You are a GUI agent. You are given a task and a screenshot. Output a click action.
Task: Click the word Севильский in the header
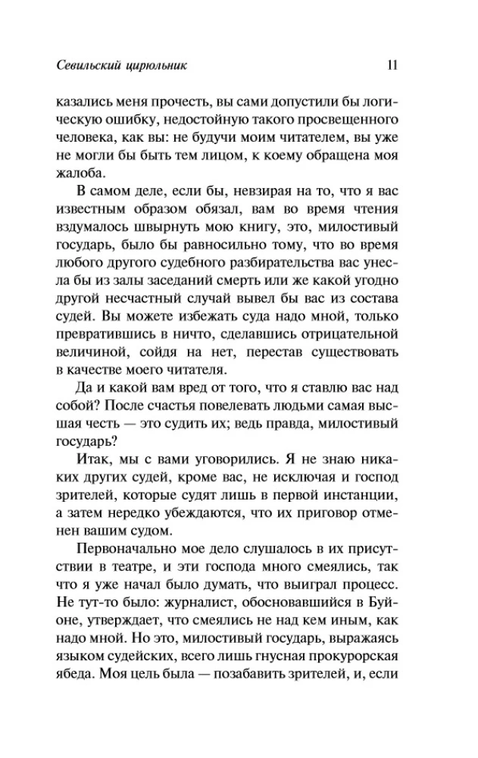point(96,65)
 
